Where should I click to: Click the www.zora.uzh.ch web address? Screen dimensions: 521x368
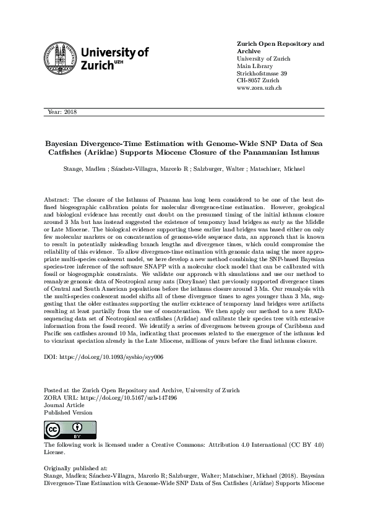click(x=260, y=89)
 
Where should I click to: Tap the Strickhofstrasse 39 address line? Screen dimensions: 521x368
click(x=262, y=74)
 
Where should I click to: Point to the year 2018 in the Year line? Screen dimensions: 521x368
click(x=69, y=111)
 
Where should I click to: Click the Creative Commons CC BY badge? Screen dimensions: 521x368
click(x=62, y=430)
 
